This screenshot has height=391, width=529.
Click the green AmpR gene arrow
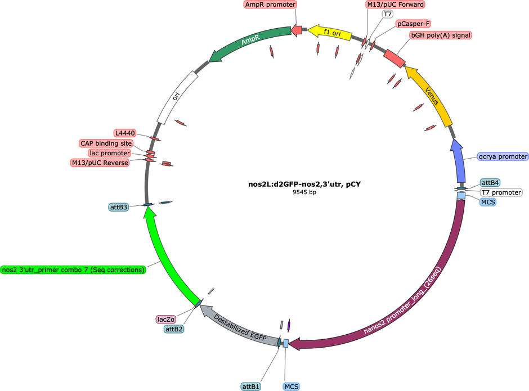coord(250,41)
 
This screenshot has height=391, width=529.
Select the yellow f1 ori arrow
coord(331,33)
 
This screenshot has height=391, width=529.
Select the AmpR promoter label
coord(270,5)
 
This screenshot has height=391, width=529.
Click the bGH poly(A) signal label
coord(440,35)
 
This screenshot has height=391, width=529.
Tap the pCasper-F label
coord(413,24)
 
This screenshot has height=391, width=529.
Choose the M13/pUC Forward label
coord(395,5)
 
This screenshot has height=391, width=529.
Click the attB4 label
coord(490,183)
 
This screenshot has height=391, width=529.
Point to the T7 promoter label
coord(501,192)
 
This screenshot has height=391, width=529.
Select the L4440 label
coord(125,133)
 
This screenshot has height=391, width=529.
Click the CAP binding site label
coord(106,143)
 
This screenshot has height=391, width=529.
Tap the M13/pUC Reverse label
coord(100,163)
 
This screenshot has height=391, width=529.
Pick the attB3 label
coord(119,207)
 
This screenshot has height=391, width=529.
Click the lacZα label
coord(166,319)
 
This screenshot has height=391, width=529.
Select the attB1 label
coord(250,386)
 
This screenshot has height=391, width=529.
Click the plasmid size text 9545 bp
coord(304,192)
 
